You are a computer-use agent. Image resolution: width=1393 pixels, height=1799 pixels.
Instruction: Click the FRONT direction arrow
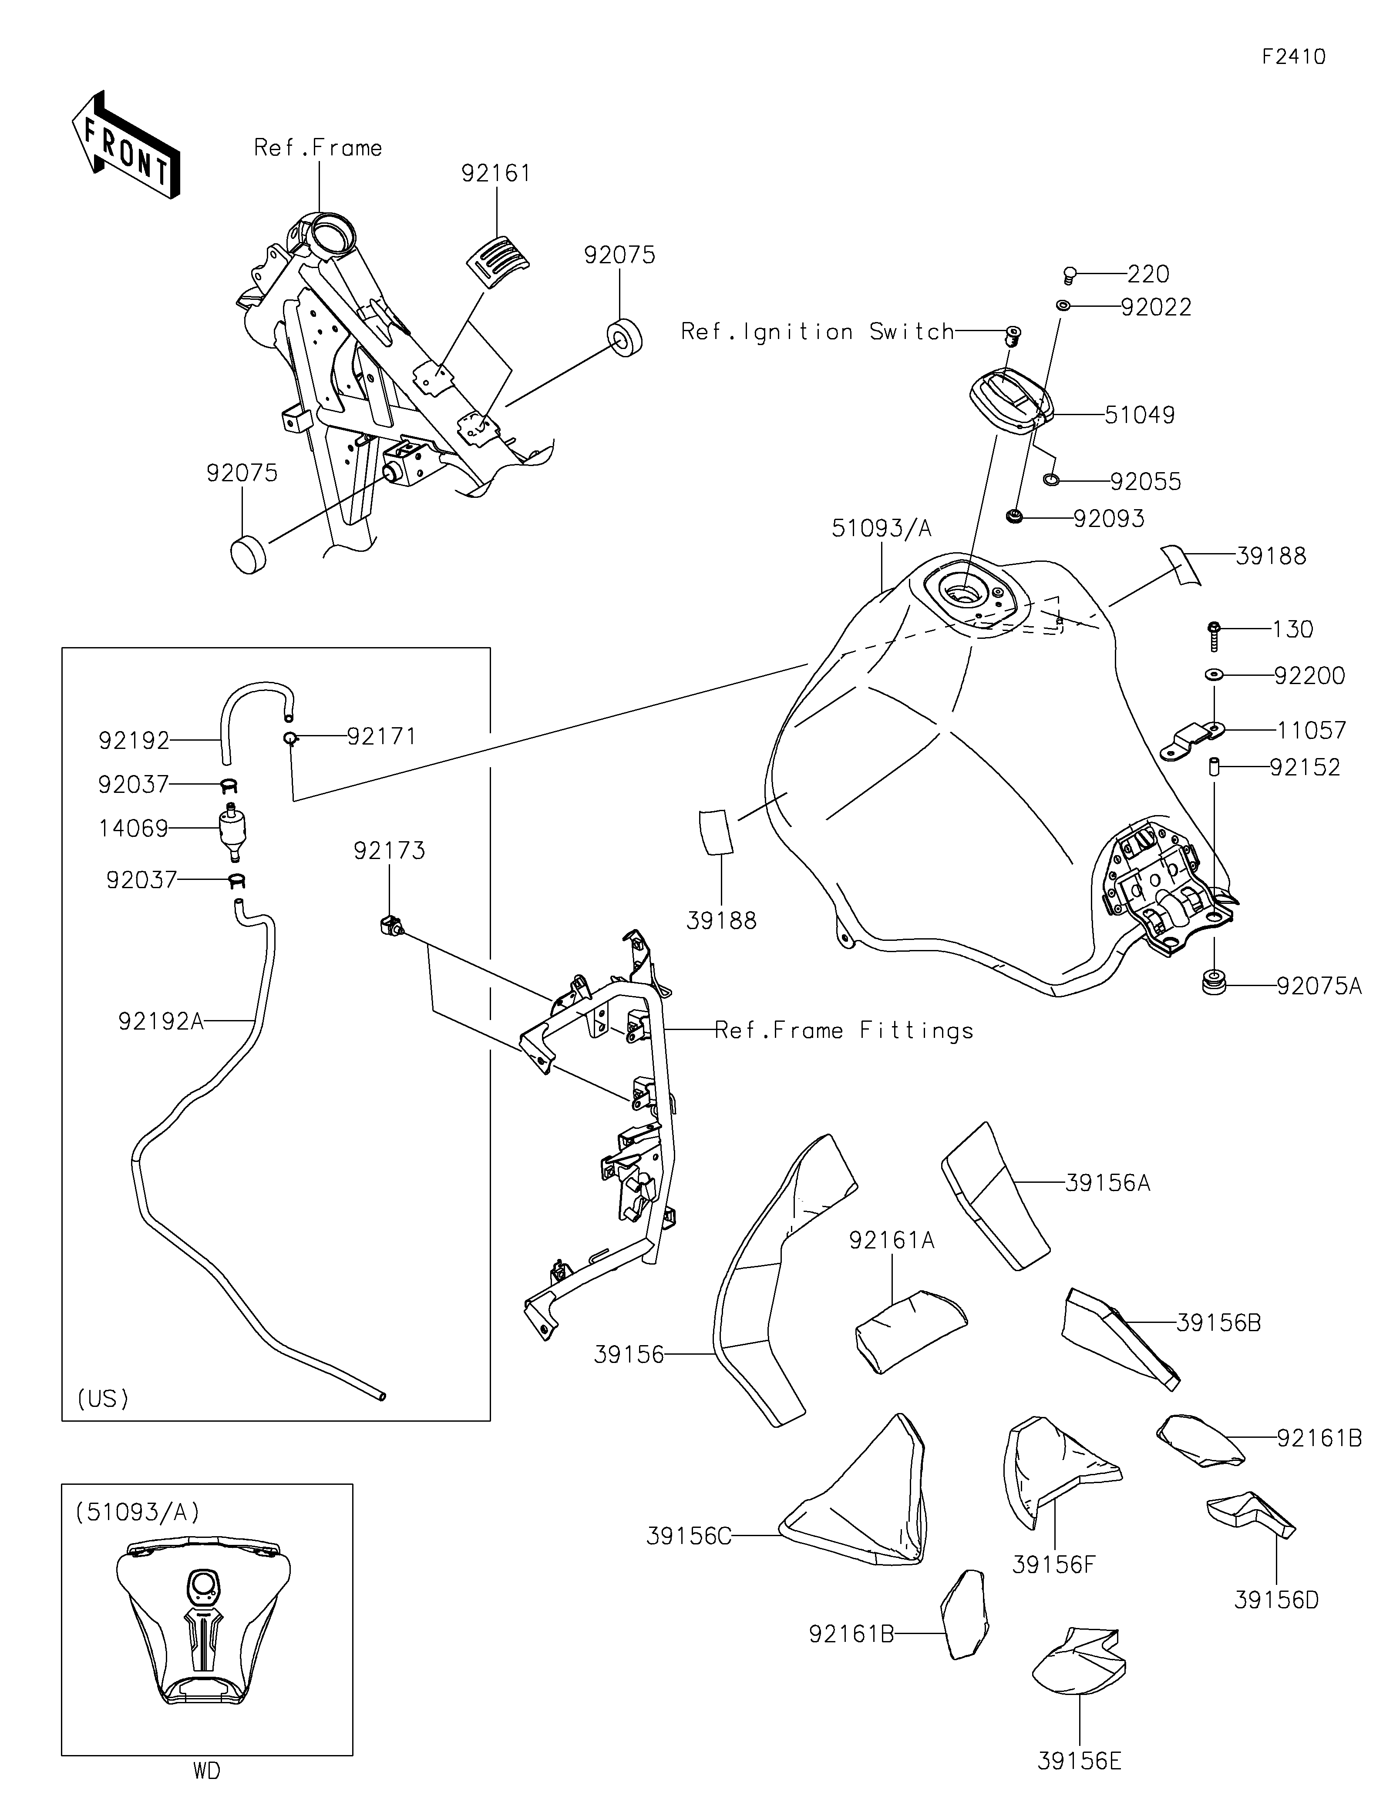coord(126,145)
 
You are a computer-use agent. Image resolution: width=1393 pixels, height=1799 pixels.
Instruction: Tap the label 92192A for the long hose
coord(161,1021)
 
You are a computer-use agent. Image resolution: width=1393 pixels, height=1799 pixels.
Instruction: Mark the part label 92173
coord(390,851)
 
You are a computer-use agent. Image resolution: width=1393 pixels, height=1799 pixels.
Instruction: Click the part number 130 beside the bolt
coord(1292,629)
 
